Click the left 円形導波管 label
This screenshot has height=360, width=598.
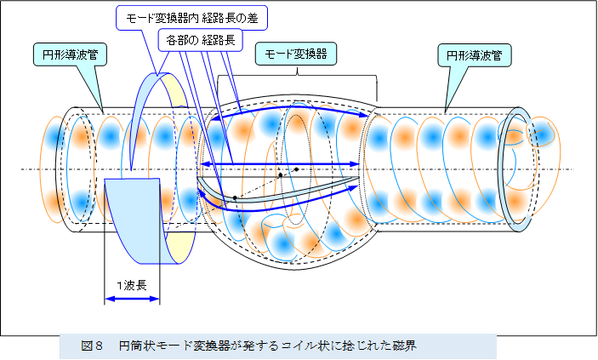point(65,54)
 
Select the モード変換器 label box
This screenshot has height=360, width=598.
point(296,53)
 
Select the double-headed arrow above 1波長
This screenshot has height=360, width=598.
point(132,299)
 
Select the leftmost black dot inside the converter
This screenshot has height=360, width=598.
point(235,197)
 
